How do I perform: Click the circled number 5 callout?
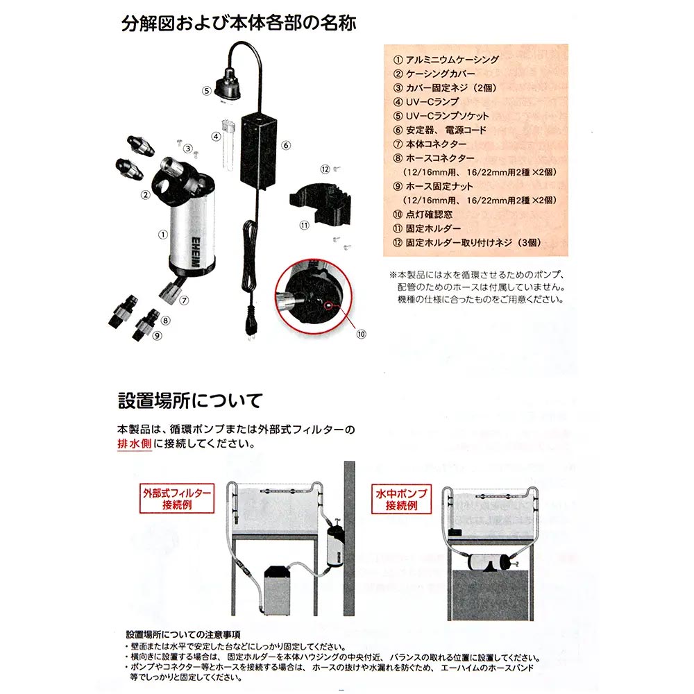[207, 91]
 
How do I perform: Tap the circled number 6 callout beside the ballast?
[286, 145]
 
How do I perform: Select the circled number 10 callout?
[361, 335]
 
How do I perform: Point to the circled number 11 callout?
[305, 226]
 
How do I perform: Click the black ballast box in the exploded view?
[258, 151]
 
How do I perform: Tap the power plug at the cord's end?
[251, 327]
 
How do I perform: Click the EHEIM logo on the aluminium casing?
[196, 253]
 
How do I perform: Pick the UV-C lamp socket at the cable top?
[228, 85]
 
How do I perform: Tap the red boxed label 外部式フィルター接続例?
[177, 498]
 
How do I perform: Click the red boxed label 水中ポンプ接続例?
[401, 499]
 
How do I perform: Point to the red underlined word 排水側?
[135, 443]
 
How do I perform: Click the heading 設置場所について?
[190, 400]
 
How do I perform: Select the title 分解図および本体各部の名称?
[239, 23]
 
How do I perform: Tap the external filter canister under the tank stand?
[276, 591]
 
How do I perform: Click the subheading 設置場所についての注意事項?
[183, 635]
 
